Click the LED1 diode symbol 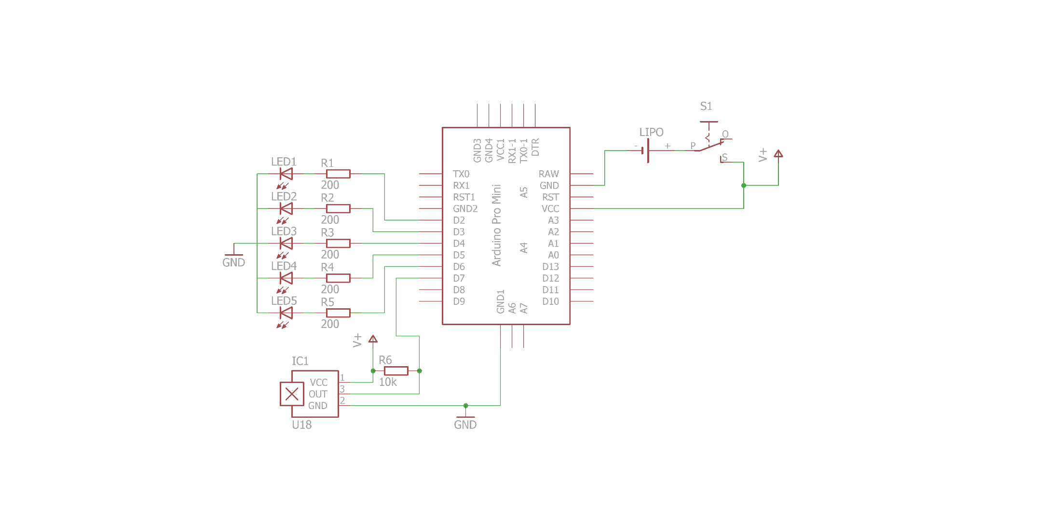point(286,174)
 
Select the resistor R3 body point(338,244)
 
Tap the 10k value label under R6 point(388,382)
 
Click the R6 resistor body point(396,371)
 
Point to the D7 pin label point(459,278)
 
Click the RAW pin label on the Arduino point(549,174)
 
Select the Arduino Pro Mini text point(497,225)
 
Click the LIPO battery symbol point(646,151)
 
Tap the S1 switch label point(706,106)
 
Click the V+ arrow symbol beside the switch point(778,154)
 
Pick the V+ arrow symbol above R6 point(373,339)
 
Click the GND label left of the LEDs point(234,262)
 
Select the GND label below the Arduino point(465,425)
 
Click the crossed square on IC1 point(292,394)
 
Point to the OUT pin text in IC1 point(318,394)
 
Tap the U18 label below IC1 point(302,425)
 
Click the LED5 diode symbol point(286,313)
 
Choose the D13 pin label point(550,267)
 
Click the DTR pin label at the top point(535,147)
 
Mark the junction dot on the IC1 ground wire point(465,406)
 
